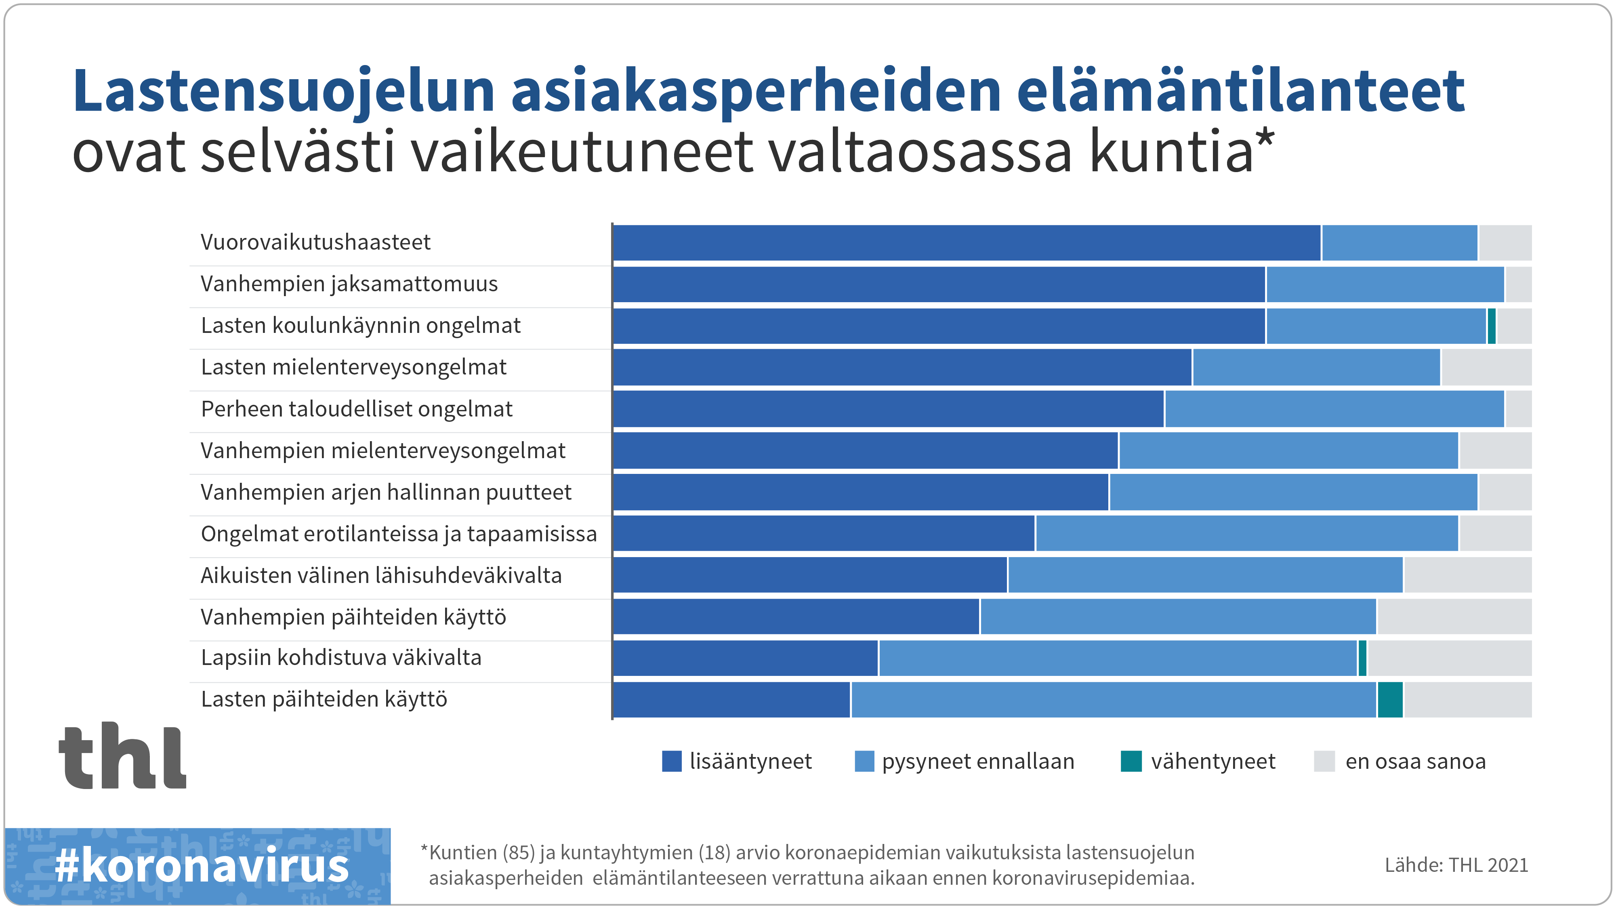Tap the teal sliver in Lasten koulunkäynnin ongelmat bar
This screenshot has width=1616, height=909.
coord(1491,326)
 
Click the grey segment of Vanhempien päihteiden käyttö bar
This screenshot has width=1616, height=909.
coord(1454,617)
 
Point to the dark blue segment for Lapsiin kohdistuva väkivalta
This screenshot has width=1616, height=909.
coord(745,658)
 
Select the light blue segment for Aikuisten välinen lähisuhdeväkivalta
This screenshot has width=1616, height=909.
coord(1204,574)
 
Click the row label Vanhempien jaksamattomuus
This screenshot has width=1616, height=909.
coord(349,284)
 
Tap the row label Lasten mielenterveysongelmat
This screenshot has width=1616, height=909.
coord(353,367)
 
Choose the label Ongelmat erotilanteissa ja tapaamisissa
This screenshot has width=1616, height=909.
coord(398,534)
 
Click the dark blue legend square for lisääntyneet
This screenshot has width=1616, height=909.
coord(671,761)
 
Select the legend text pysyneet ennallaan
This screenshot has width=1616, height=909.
coord(977,761)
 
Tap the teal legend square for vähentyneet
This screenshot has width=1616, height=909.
coord(1131,761)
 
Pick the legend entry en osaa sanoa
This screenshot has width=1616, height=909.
coord(1414,761)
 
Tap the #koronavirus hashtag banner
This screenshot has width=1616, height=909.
coord(200,866)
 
